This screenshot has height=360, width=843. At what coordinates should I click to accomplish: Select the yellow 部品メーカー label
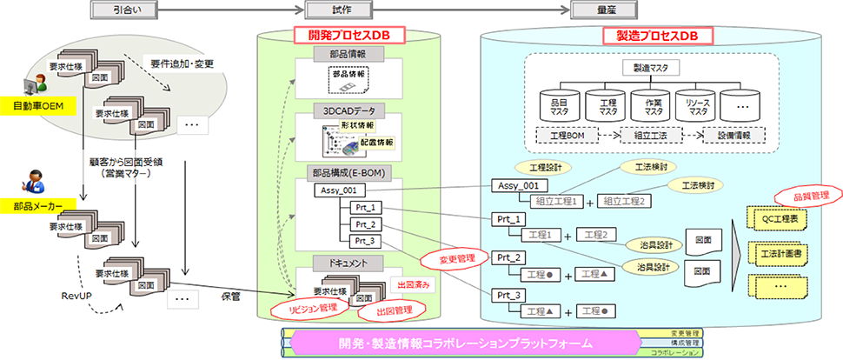(x=37, y=205)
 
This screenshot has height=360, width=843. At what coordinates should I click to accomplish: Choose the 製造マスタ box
(x=649, y=67)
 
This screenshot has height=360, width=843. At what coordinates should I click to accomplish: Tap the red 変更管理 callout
(x=449, y=259)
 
